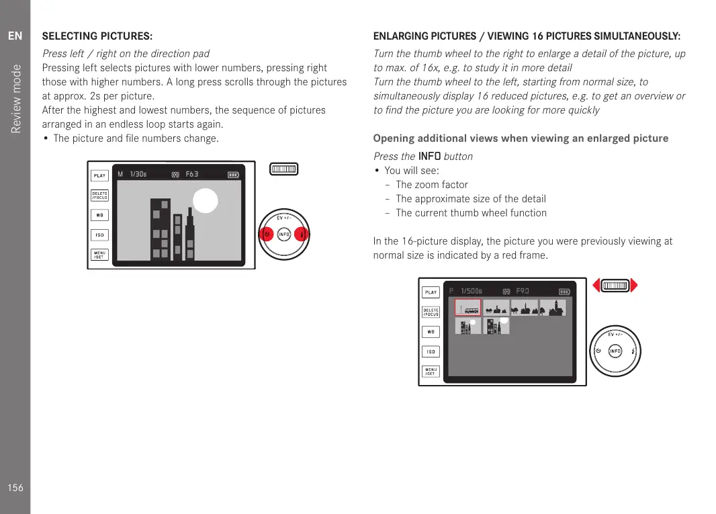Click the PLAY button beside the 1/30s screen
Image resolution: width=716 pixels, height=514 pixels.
[x=99, y=175]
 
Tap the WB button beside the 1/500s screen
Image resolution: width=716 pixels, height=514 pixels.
[x=431, y=332]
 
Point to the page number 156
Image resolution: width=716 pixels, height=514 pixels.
[x=15, y=488]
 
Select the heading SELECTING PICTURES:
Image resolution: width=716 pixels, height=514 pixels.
[x=97, y=36]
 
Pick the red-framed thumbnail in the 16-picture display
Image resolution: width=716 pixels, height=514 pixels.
[x=467, y=308]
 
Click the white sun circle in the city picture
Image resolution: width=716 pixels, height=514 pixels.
[x=206, y=202]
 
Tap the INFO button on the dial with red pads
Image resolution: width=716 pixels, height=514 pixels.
[x=284, y=234]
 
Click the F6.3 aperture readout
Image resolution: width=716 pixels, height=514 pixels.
[x=192, y=175]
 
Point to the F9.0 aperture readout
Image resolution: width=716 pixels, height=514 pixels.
[x=523, y=291]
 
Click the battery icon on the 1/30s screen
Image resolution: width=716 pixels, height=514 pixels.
[x=233, y=175]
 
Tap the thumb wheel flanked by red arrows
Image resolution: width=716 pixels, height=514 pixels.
[x=615, y=286]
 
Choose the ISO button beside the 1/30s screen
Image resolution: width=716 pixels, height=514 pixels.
[x=99, y=235]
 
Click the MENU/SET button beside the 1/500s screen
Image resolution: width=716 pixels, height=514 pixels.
[x=431, y=371]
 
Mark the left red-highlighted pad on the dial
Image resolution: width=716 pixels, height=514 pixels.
[x=266, y=234]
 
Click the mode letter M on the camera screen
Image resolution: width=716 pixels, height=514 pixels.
[x=120, y=175]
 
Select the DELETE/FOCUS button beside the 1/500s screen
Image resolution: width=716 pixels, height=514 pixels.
[x=431, y=312]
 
